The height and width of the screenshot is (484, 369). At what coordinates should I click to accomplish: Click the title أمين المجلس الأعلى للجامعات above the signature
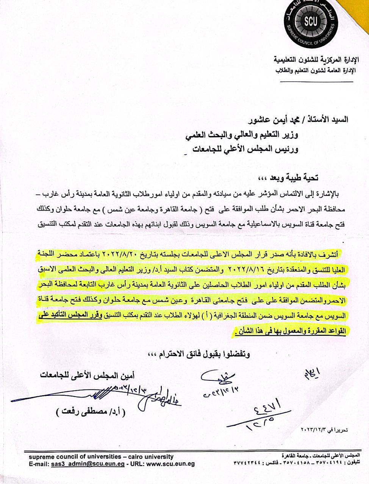(89, 375)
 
